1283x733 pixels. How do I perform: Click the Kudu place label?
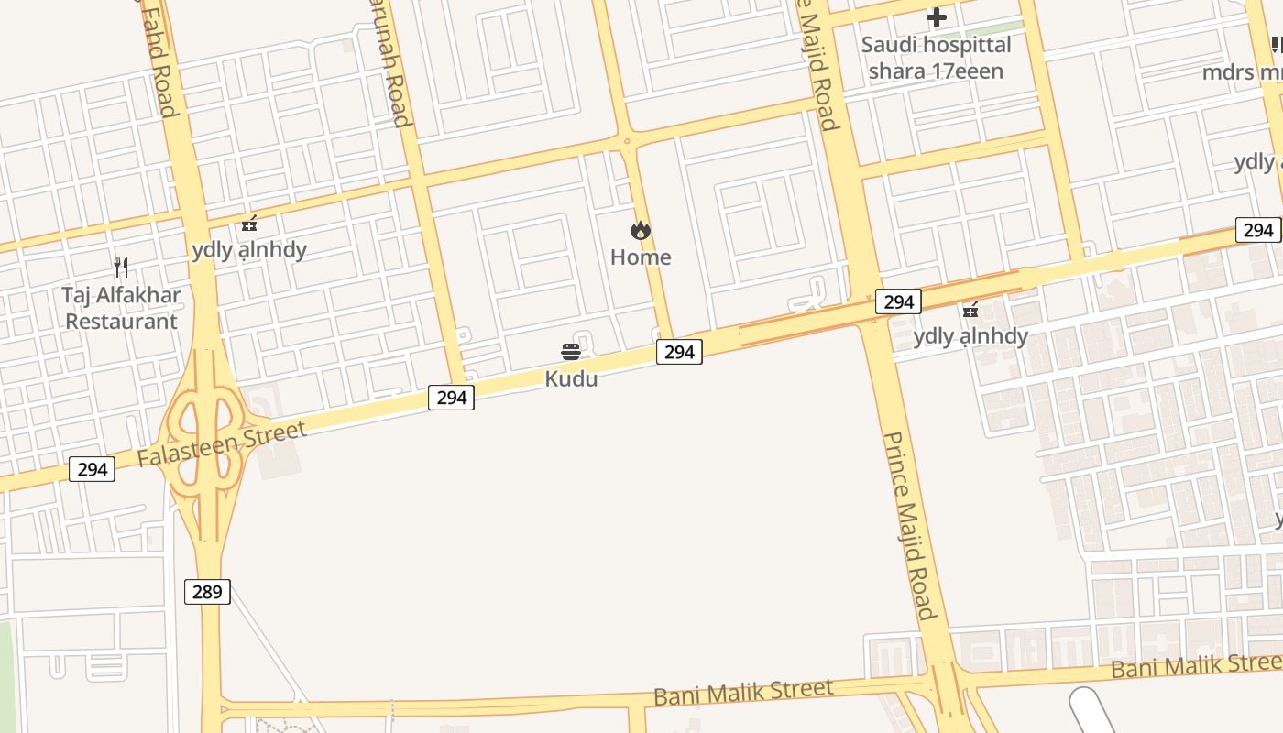[571, 378]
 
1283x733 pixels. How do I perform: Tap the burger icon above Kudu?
[571, 352]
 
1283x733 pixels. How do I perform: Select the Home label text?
[641, 257]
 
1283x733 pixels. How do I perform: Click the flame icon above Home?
[641, 231]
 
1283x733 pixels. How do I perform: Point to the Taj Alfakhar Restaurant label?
[121, 309]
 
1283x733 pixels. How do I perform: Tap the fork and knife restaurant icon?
[121, 268]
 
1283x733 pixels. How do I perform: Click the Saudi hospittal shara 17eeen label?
[936, 58]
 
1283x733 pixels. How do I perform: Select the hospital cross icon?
[936, 17]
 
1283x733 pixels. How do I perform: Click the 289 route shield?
[207, 592]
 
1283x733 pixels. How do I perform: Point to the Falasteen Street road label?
[222, 444]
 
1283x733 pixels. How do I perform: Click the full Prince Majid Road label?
[909, 526]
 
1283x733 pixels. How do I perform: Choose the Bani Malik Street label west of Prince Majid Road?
[743, 691]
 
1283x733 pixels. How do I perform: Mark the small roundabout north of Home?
[627, 141]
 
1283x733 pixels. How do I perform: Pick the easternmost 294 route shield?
[1258, 230]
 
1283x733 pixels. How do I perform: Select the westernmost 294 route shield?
[93, 470]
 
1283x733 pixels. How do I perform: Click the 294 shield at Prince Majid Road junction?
[898, 301]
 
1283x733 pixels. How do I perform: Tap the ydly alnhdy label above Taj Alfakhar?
[249, 250]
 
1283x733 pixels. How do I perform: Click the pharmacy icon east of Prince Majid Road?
[970, 311]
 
